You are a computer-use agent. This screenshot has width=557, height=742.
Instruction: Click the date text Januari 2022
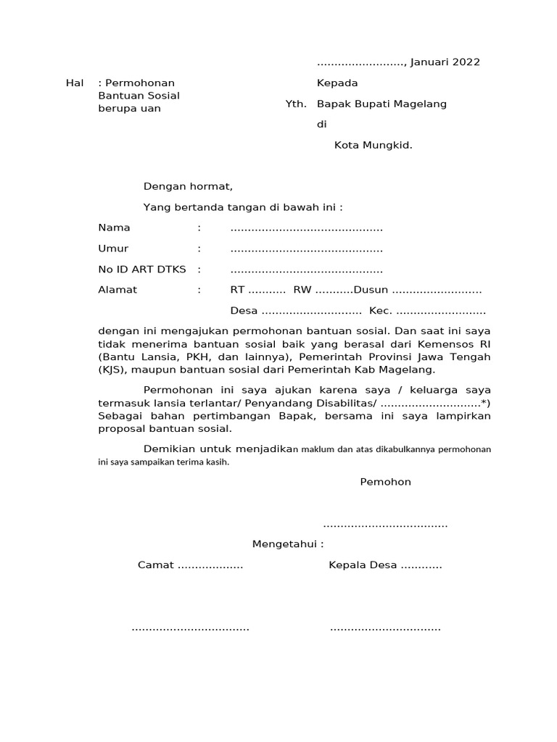[445, 62]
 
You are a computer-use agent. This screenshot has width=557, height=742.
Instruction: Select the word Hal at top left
[75, 83]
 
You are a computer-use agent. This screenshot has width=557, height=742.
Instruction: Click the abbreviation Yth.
[296, 104]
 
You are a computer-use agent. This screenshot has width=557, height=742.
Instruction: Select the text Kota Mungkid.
[373, 145]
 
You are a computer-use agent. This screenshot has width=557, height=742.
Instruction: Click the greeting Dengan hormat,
[188, 186]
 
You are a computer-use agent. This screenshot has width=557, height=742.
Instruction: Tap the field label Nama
[114, 228]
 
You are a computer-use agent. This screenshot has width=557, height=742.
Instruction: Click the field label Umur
[113, 249]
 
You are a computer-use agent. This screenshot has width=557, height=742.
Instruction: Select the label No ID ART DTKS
[142, 270]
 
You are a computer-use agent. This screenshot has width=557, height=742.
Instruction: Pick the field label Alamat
[117, 291]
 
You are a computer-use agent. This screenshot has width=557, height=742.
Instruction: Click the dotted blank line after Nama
[306, 229]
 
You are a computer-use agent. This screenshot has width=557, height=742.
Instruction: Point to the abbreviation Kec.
[381, 312]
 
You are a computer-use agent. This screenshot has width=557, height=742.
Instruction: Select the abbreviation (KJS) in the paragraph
[112, 370]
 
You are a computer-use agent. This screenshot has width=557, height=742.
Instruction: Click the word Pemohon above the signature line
[385, 482]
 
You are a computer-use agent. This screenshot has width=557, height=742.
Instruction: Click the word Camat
[156, 565]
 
